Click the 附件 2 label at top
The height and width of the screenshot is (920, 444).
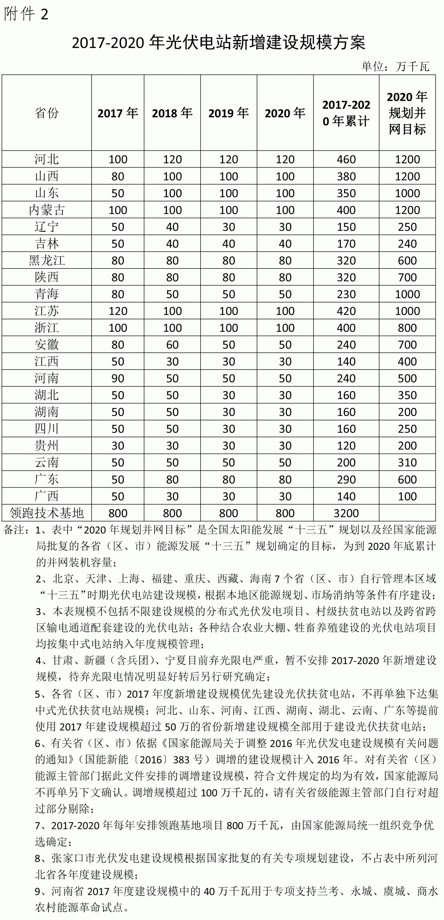[26, 14]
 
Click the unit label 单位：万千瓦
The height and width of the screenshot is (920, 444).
[395, 66]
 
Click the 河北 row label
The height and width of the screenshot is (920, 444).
[46, 159]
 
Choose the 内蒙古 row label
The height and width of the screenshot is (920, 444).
[46, 210]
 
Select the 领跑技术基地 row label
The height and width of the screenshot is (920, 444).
[46, 513]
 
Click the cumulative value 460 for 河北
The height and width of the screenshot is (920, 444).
[346, 159]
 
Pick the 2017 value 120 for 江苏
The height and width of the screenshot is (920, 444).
[118, 311]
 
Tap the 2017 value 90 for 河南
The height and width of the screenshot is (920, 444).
[118, 378]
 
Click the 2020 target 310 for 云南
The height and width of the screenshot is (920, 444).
[407, 463]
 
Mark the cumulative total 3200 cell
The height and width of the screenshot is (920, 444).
[346, 513]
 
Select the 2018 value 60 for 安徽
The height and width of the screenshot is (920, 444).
[172, 345]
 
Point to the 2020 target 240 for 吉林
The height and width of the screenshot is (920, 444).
[407, 244]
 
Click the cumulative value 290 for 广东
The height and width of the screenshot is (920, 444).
[346, 479]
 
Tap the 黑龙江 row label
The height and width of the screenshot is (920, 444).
[46, 260]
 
